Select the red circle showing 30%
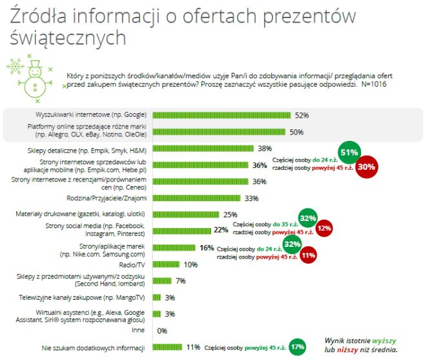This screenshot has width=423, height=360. [x=367, y=167]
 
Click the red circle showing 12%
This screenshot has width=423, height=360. [x=324, y=228]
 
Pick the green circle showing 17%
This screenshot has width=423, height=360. [x=298, y=346]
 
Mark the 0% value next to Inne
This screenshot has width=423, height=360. [x=162, y=330]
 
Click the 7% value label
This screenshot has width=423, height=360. [x=180, y=281]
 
